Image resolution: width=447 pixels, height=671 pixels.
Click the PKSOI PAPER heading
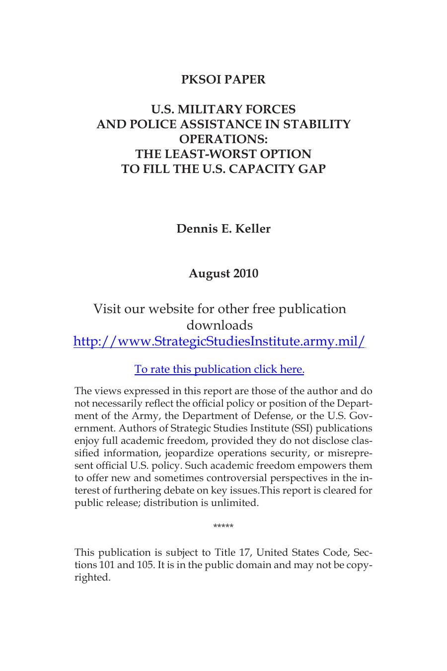click(x=223, y=80)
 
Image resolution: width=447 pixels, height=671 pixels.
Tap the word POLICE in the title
click(x=151, y=124)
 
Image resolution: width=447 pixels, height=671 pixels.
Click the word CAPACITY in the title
click(x=263, y=169)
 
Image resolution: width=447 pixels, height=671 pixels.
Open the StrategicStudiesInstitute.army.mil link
click(x=219, y=341)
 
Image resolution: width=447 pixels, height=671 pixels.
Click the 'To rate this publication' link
click(x=219, y=369)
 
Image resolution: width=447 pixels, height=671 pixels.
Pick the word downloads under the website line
click(x=220, y=326)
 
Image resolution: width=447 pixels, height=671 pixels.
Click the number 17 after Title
click(x=245, y=553)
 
